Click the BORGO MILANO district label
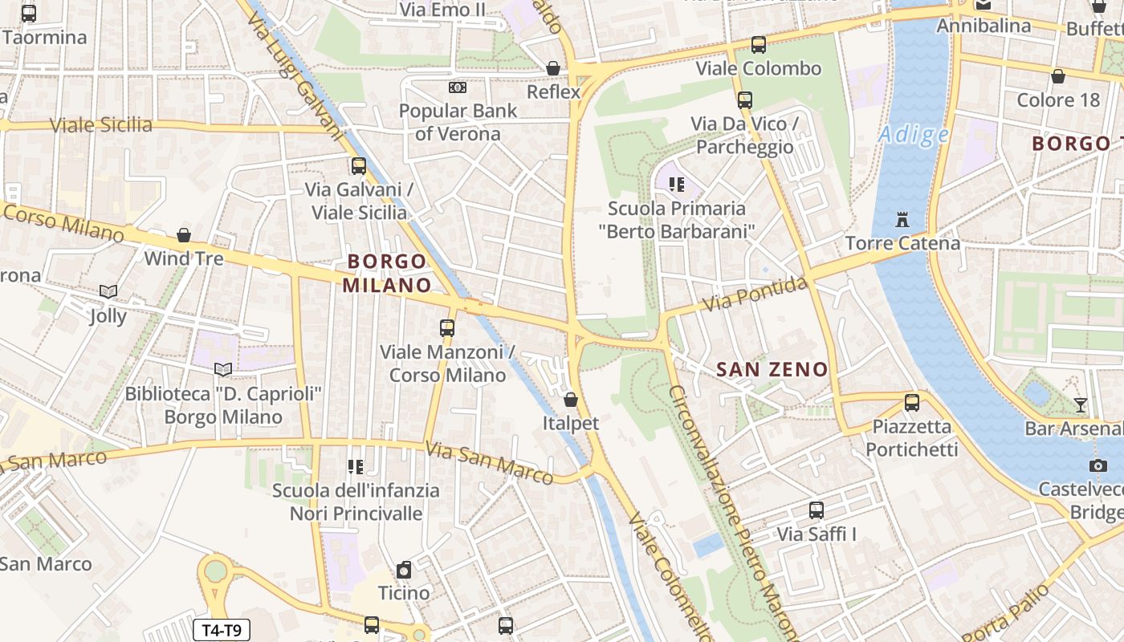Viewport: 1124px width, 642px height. [x=387, y=273]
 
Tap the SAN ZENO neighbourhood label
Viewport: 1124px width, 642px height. [x=772, y=370]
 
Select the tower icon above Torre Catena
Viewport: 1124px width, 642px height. [x=902, y=219]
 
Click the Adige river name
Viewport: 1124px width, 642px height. [x=913, y=134]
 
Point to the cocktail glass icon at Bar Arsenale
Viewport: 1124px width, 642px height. [x=1081, y=404]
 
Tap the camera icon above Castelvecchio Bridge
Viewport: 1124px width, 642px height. [x=1098, y=465]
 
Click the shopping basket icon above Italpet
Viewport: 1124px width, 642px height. [x=571, y=400]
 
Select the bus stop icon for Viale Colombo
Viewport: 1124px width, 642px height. [x=758, y=45]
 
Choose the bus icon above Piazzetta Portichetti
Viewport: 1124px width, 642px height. [x=911, y=403]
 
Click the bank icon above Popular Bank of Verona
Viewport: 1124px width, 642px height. [x=458, y=87]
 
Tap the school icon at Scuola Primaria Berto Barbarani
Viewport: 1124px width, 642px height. [x=677, y=185]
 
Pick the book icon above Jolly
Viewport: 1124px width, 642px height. [x=108, y=292]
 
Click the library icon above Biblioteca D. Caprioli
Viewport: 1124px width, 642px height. [x=222, y=370]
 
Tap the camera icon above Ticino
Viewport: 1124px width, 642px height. [x=404, y=570]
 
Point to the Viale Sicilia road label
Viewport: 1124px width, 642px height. [x=101, y=125]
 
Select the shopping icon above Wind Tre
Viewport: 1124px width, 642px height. [x=184, y=235]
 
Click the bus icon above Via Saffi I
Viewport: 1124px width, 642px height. [x=817, y=510]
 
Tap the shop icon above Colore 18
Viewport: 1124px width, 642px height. [x=1058, y=77]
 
